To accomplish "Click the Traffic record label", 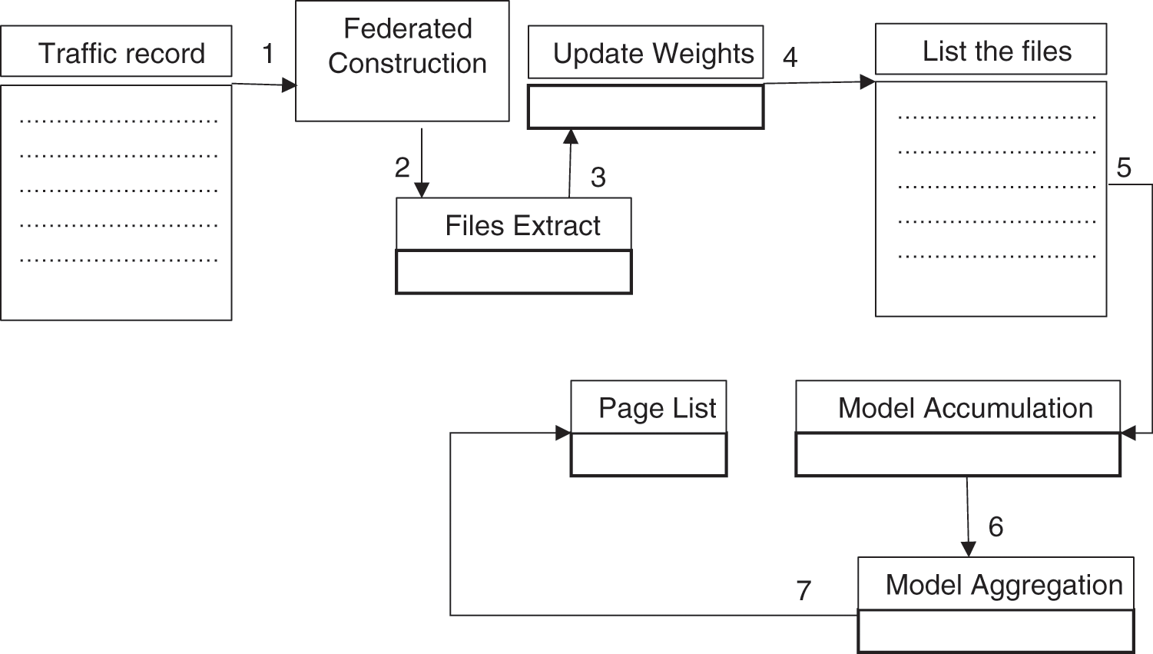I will (x=121, y=53).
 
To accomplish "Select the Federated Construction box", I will (x=403, y=61).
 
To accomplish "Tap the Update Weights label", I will (x=653, y=53).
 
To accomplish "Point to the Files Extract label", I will (x=522, y=225).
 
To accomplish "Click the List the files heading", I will (x=996, y=51).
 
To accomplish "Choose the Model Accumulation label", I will (x=965, y=407).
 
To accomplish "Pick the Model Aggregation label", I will (x=1003, y=585).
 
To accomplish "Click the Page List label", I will (x=657, y=407).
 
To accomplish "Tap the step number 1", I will (x=267, y=53).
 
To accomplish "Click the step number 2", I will (x=402, y=167).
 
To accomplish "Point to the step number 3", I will (x=598, y=178).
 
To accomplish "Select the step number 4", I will (x=790, y=56).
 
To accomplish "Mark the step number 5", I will (x=1124, y=168).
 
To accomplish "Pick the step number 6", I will (x=996, y=526).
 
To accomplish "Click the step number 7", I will (x=803, y=590).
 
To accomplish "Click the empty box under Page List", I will (x=648, y=455).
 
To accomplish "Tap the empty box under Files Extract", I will (x=513, y=272).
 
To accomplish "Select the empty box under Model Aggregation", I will (x=996, y=632).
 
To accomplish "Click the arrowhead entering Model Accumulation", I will (x=1128, y=433).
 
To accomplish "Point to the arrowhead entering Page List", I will (x=564, y=433).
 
